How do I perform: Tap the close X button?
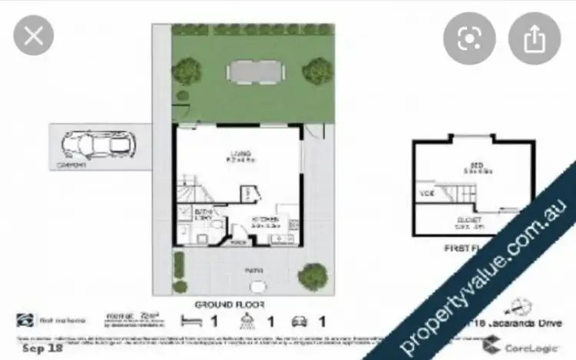(34, 36)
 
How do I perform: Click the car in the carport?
(95, 144)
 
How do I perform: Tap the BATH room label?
(204, 213)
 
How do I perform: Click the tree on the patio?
(312, 274)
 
